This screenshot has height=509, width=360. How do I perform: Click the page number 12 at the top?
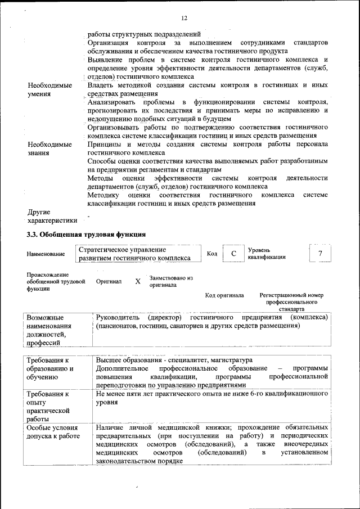click(x=184, y=19)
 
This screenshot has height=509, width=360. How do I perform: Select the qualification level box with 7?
click(x=320, y=254)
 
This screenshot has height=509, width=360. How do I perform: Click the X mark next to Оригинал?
click(x=138, y=281)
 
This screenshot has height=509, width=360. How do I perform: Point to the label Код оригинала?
click(x=224, y=295)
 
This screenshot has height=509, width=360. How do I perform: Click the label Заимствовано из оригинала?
click(x=171, y=281)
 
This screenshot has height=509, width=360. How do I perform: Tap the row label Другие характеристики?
click(x=50, y=217)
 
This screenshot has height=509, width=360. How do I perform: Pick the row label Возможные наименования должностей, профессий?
click(x=49, y=330)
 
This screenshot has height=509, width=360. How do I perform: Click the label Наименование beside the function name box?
click(x=45, y=254)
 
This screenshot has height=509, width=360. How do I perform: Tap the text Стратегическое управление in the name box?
click(x=122, y=249)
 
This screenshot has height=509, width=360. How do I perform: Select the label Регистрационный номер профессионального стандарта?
click(x=291, y=301)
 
